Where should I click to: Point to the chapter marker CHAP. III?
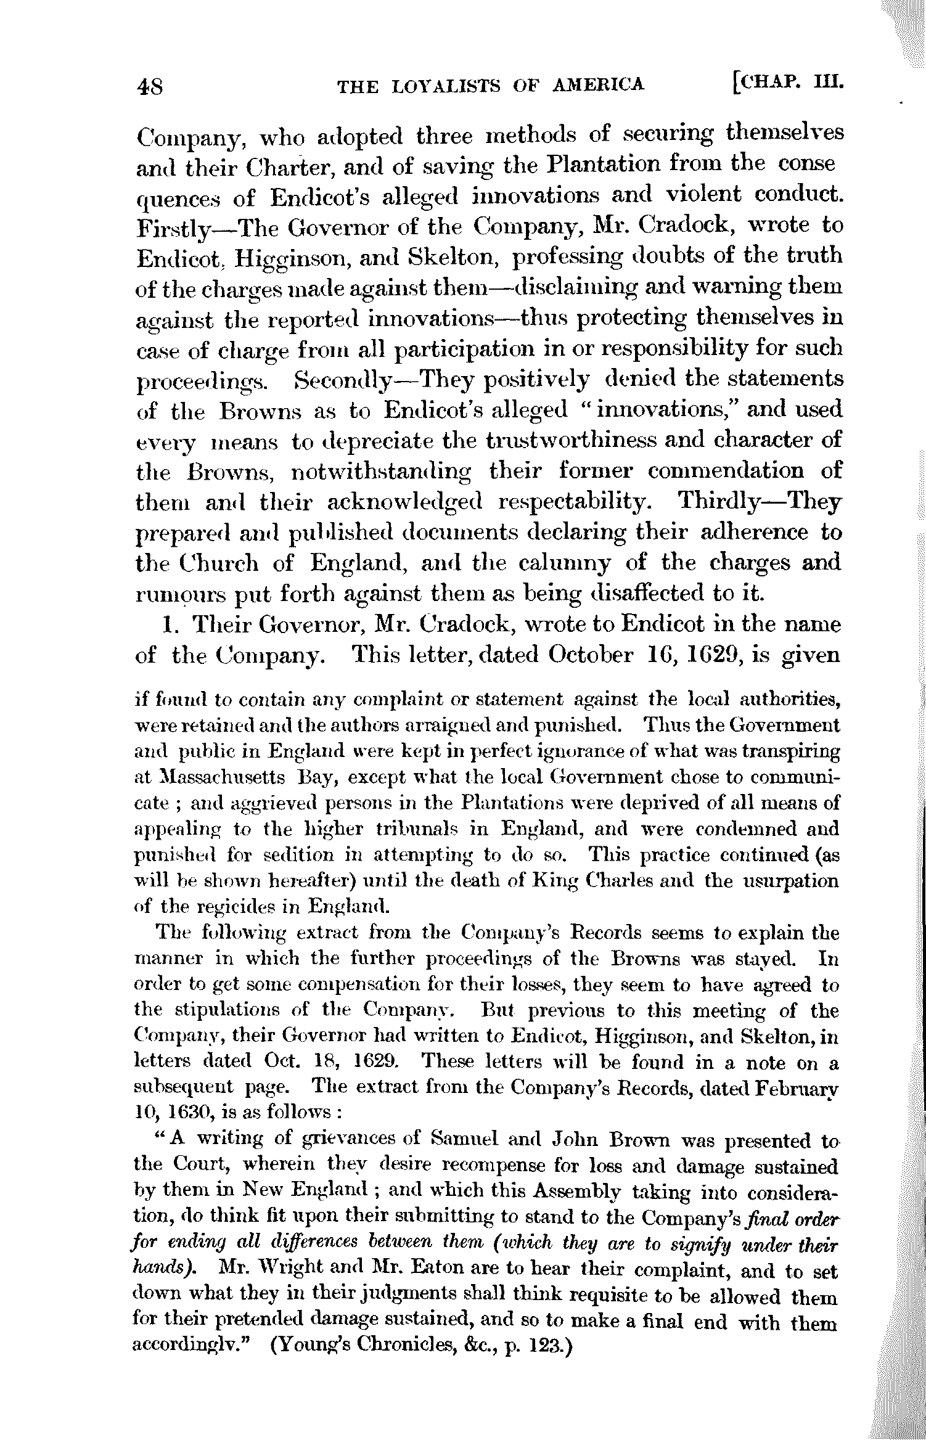point(787,82)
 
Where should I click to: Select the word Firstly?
point(173,227)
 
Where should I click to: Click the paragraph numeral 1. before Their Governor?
point(170,625)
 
